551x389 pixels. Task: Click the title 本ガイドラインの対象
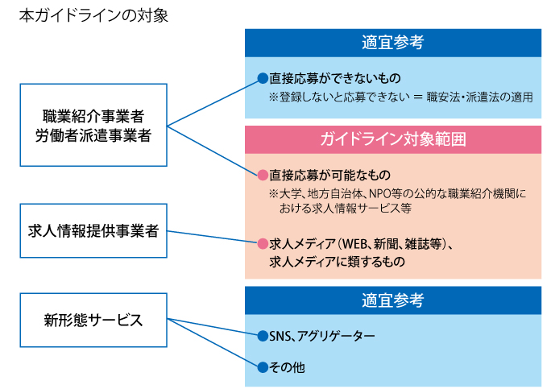pos(93,16)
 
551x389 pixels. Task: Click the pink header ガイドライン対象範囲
pos(393,139)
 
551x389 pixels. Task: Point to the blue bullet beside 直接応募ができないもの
pos(263,78)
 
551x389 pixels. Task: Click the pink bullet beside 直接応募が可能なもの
pos(263,175)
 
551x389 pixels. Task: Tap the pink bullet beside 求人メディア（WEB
pos(263,243)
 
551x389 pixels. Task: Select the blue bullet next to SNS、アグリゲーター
pos(263,337)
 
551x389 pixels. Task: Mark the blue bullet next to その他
pos(263,367)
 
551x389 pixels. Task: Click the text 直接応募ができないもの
pos(335,78)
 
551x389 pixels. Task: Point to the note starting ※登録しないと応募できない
pos(400,97)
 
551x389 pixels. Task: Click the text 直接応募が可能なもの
pos(330,175)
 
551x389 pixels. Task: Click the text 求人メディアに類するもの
pos(337,262)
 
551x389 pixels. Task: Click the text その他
pos(287,367)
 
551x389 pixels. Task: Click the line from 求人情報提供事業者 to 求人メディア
pos(212,237)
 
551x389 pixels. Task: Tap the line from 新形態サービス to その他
pos(212,342)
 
